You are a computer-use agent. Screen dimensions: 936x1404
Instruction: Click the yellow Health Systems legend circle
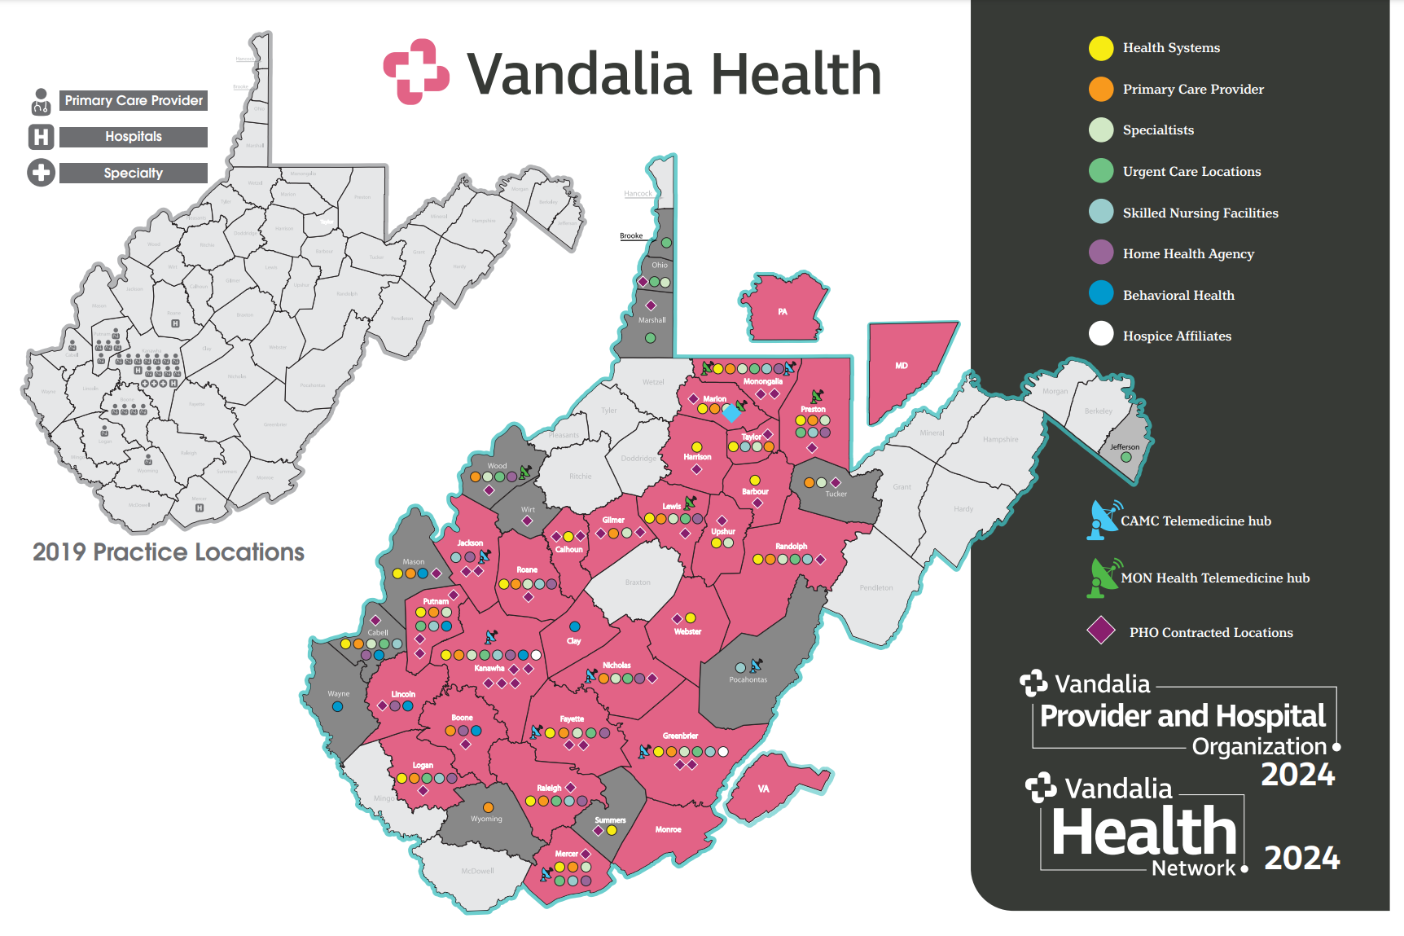pyautogui.click(x=1101, y=48)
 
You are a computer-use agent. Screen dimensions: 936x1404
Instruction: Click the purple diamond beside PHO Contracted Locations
pyautogui.click(x=1101, y=631)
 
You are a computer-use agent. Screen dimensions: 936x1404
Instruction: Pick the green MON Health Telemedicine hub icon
pyautogui.click(x=1103, y=578)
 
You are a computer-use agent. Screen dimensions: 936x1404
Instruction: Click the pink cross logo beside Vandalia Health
pyautogui.click(x=416, y=72)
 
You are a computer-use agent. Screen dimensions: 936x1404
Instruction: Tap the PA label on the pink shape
pyautogui.click(x=783, y=312)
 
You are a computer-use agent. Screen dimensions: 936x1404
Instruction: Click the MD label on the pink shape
pyautogui.click(x=902, y=366)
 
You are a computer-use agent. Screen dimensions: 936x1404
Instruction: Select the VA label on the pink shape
pyautogui.click(x=763, y=789)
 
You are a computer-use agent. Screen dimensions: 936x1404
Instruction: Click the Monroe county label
pyautogui.click(x=668, y=829)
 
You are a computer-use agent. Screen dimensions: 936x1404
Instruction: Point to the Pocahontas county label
pyautogui.click(x=748, y=679)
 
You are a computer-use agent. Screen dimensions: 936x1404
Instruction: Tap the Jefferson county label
pyautogui.click(x=1125, y=446)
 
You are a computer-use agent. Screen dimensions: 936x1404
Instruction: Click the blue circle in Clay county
pyautogui.click(x=575, y=626)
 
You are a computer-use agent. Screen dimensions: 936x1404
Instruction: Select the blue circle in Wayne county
pyautogui.click(x=337, y=707)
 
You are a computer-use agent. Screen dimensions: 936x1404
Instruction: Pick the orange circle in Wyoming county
pyautogui.click(x=488, y=807)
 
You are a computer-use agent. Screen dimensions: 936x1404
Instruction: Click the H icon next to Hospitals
pyautogui.click(x=41, y=137)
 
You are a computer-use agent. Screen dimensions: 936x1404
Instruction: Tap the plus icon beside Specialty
pyautogui.click(x=41, y=173)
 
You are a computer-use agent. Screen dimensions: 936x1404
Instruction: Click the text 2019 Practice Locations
pyautogui.click(x=168, y=552)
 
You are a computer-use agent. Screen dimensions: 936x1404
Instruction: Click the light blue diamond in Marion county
pyautogui.click(x=731, y=415)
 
